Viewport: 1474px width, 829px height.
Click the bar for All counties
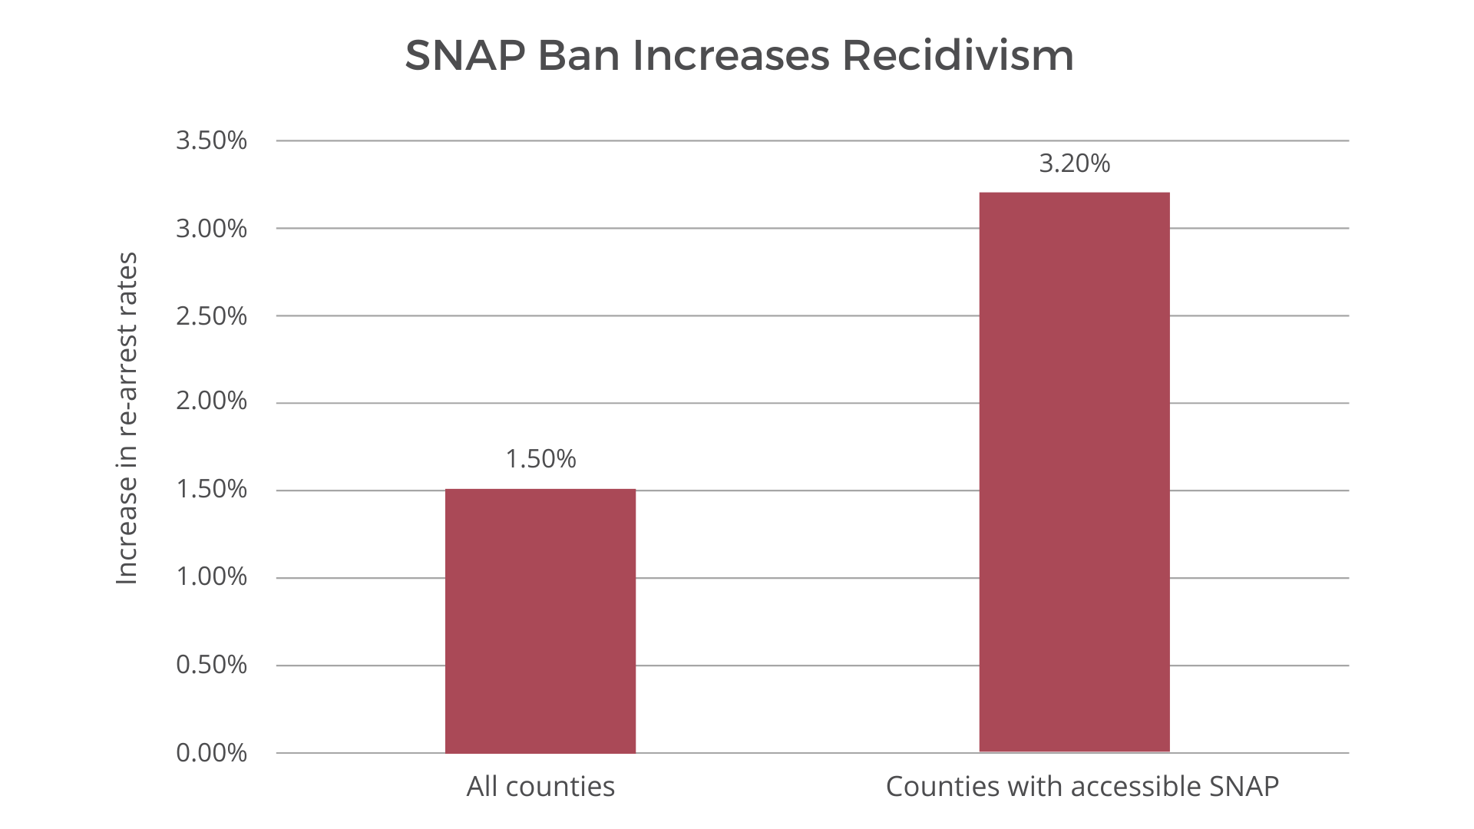pyautogui.click(x=540, y=620)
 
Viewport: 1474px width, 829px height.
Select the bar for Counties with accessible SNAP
pyautogui.click(x=1074, y=472)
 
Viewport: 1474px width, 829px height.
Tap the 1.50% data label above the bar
pyautogui.click(x=540, y=459)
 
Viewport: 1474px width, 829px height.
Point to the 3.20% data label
pyautogui.click(x=1074, y=163)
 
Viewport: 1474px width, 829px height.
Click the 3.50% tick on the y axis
pyautogui.click(x=211, y=141)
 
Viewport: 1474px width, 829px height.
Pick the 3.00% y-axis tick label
pyautogui.click(x=211, y=229)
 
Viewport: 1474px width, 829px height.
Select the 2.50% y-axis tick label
pyautogui.click(x=211, y=316)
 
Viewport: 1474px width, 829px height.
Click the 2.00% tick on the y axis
pyautogui.click(x=211, y=401)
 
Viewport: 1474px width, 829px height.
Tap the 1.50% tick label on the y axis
pyautogui.click(x=211, y=490)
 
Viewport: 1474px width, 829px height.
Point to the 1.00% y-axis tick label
pyautogui.click(x=211, y=577)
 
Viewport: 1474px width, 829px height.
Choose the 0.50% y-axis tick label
pyautogui.click(x=211, y=665)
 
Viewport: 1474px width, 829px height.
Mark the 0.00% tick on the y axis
pyautogui.click(x=211, y=753)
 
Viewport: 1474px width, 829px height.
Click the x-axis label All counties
pyautogui.click(x=540, y=787)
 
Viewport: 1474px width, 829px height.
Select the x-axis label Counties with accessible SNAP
pyautogui.click(x=1082, y=787)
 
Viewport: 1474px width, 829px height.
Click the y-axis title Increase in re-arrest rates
pyautogui.click(x=127, y=418)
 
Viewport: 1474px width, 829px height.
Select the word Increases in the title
pyautogui.click(x=732, y=56)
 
